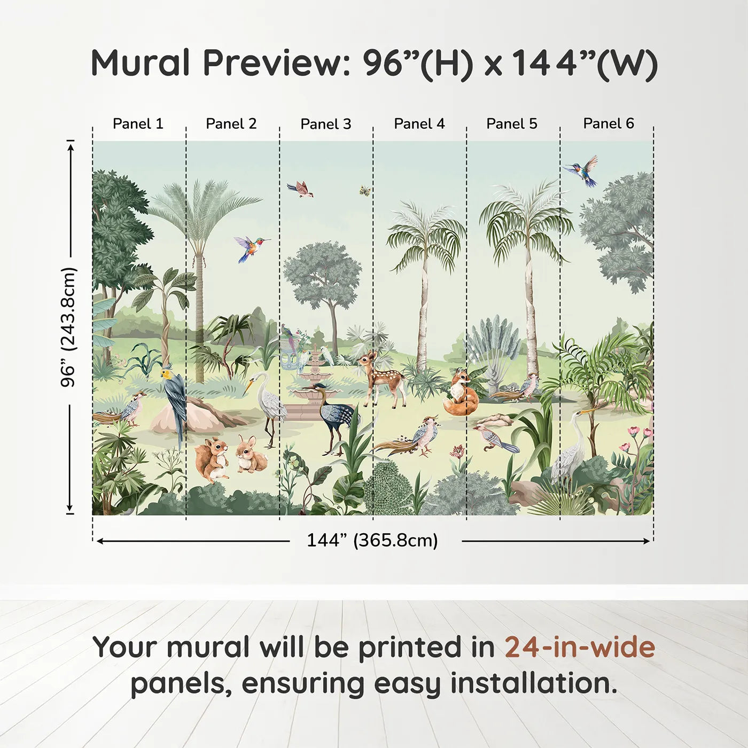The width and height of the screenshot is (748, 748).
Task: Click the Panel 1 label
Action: (x=138, y=124)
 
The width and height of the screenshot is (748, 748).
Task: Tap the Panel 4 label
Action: (x=419, y=124)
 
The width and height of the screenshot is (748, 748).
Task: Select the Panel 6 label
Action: (x=608, y=123)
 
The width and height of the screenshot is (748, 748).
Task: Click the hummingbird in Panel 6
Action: (x=582, y=170)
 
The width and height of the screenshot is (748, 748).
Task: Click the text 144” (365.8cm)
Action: (x=372, y=541)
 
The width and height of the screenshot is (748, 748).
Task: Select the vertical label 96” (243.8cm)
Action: (x=68, y=327)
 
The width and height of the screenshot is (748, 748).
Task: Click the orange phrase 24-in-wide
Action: (x=580, y=648)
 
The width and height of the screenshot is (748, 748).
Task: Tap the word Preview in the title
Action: (x=276, y=63)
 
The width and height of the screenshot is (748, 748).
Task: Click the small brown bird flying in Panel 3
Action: (x=301, y=189)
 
